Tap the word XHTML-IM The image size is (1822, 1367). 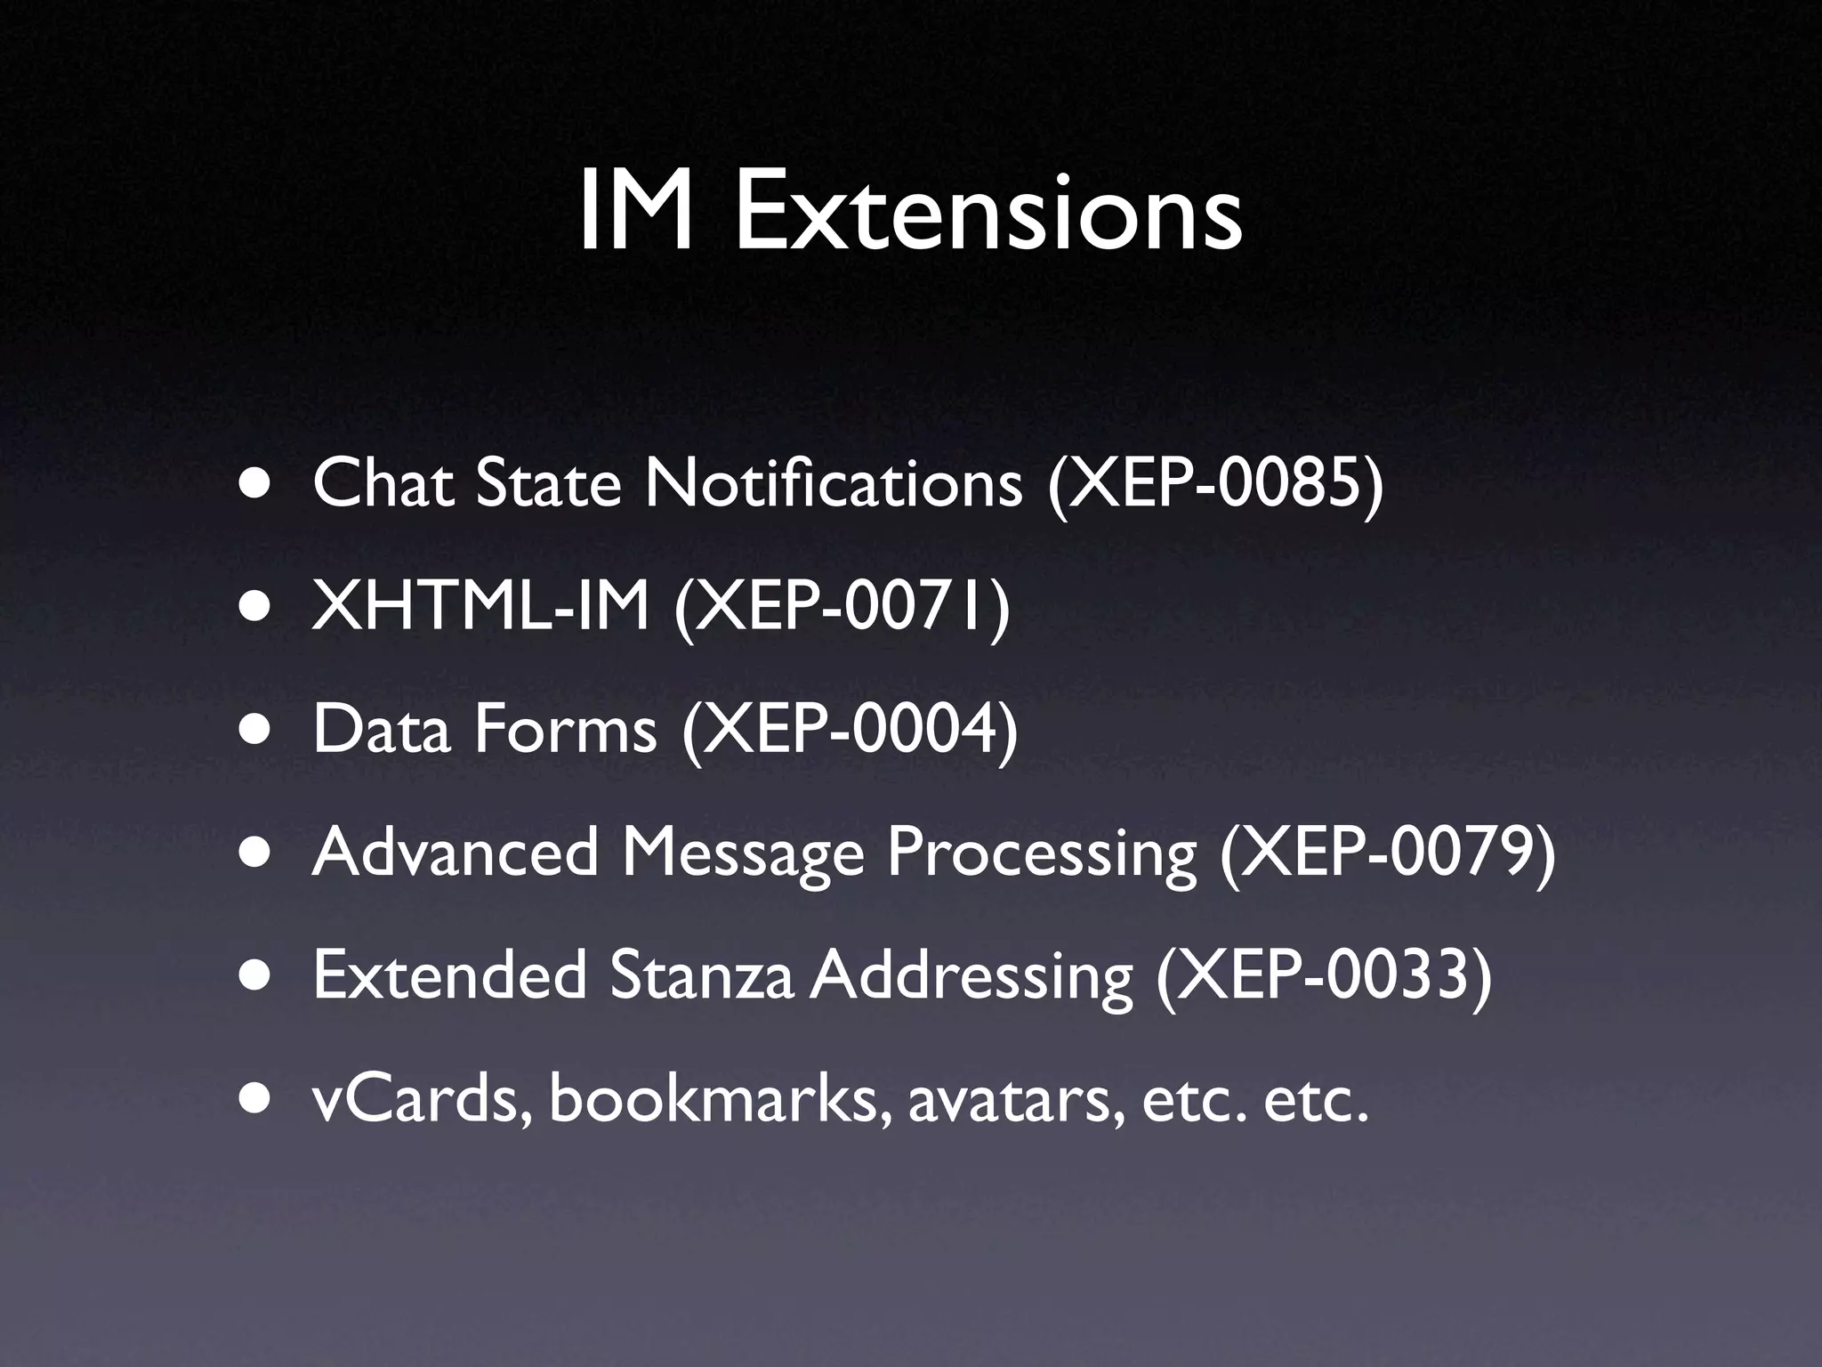tap(480, 607)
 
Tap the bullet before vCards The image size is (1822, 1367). tap(255, 1100)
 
